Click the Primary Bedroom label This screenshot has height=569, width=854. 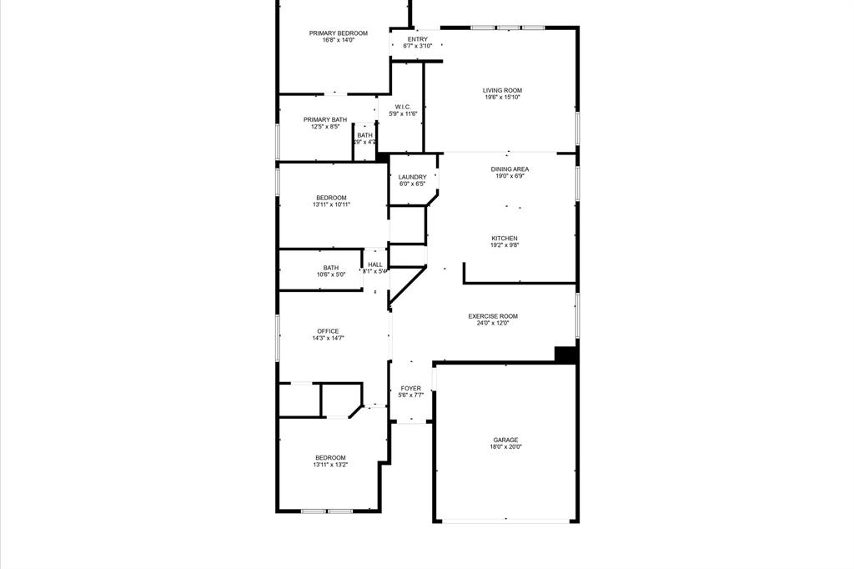click(338, 33)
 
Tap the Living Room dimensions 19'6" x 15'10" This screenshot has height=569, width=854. click(502, 98)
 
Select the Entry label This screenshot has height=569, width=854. click(417, 39)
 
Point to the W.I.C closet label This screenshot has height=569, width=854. click(402, 107)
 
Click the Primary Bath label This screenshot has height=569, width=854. click(324, 120)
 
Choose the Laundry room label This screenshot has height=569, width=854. click(412, 177)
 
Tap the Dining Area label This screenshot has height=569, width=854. click(510, 169)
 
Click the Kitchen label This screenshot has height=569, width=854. click(504, 239)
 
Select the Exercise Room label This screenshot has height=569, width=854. click(493, 316)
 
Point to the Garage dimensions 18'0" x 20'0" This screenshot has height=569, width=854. click(505, 447)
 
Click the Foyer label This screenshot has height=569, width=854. click(411, 389)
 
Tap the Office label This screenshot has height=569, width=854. click(328, 331)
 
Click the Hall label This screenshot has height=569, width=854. click(375, 264)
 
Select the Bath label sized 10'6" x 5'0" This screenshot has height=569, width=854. click(331, 268)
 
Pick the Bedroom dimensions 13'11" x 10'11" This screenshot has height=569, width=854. click(330, 204)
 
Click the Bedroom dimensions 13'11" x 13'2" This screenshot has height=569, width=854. click(330, 465)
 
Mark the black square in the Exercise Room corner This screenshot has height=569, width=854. click(566, 355)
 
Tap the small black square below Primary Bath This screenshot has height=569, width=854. click(382, 156)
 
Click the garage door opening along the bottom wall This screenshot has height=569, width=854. click(505, 522)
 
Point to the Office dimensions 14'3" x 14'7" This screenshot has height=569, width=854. click(328, 339)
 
